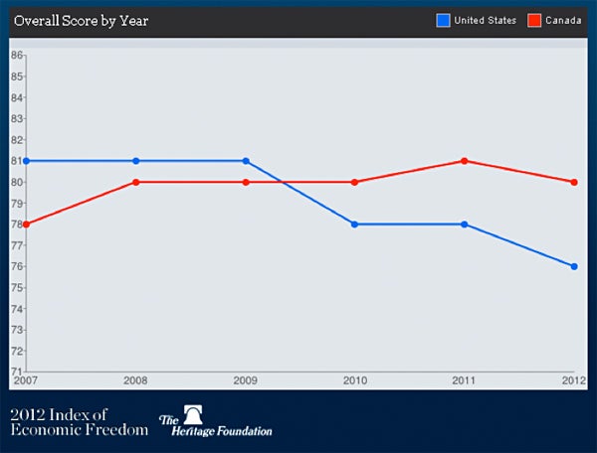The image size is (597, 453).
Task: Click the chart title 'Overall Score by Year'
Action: (x=81, y=21)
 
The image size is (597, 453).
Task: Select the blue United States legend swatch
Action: (x=443, y=21)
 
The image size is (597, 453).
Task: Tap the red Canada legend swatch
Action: (x=533, y=21)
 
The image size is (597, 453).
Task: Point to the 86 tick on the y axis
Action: (x=16, y=56)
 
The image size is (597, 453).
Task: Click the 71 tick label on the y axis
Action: (x=16, y=372)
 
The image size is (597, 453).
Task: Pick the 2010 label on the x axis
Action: (x=354, y=380)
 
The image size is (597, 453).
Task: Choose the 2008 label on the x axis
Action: (x=136, y=380)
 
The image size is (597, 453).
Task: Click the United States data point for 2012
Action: (x=574, y=266)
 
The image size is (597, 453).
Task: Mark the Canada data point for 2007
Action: (x=26, y=225)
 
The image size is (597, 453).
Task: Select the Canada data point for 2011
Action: (x=465, y=161)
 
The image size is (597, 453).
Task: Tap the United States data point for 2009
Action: (x=246, y=161)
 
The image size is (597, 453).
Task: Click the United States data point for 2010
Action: (x=355, y=225)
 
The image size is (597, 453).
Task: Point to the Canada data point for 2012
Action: (x=574, y=182)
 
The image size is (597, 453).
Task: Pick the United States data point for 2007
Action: (x=26, y=161)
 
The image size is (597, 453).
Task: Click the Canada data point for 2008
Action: (x=136, y=182)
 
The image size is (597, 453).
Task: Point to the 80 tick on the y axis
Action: (x=16, y=182)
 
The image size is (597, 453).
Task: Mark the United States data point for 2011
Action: (x=465, y=225)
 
